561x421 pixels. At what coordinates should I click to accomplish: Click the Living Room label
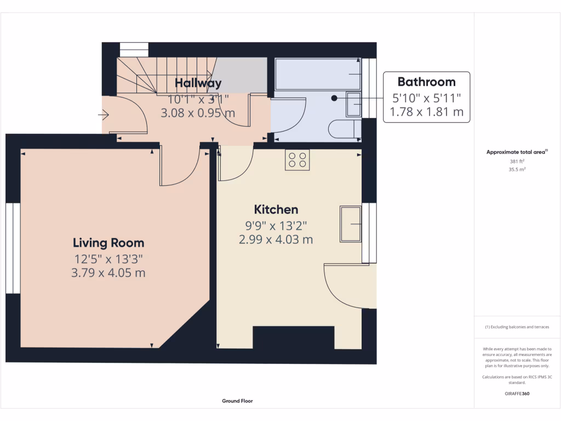point(108,243)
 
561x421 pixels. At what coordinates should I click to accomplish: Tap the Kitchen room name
point(276,209)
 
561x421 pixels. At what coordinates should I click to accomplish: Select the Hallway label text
point(198,83)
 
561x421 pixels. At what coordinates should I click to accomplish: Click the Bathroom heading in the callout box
point(426,82)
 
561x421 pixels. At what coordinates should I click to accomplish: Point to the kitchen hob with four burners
point(297,160)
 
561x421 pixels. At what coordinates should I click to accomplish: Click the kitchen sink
point(351,224)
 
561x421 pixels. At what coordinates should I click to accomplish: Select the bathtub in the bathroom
point(318,74)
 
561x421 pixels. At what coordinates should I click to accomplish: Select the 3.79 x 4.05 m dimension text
point(108,272)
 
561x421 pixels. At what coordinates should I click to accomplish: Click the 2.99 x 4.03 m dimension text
point(276,239)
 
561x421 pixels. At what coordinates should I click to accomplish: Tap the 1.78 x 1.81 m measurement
point(426,112)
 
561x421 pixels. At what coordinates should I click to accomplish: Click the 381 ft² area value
point(517,162)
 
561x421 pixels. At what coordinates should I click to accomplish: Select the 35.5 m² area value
point(517,170)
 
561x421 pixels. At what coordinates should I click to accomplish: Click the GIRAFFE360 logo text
point(517,394)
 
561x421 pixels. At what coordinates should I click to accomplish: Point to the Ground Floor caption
point(237,401)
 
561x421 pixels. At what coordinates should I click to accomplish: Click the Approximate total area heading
point(517,152)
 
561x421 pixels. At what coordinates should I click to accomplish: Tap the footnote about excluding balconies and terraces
point(517,327)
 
